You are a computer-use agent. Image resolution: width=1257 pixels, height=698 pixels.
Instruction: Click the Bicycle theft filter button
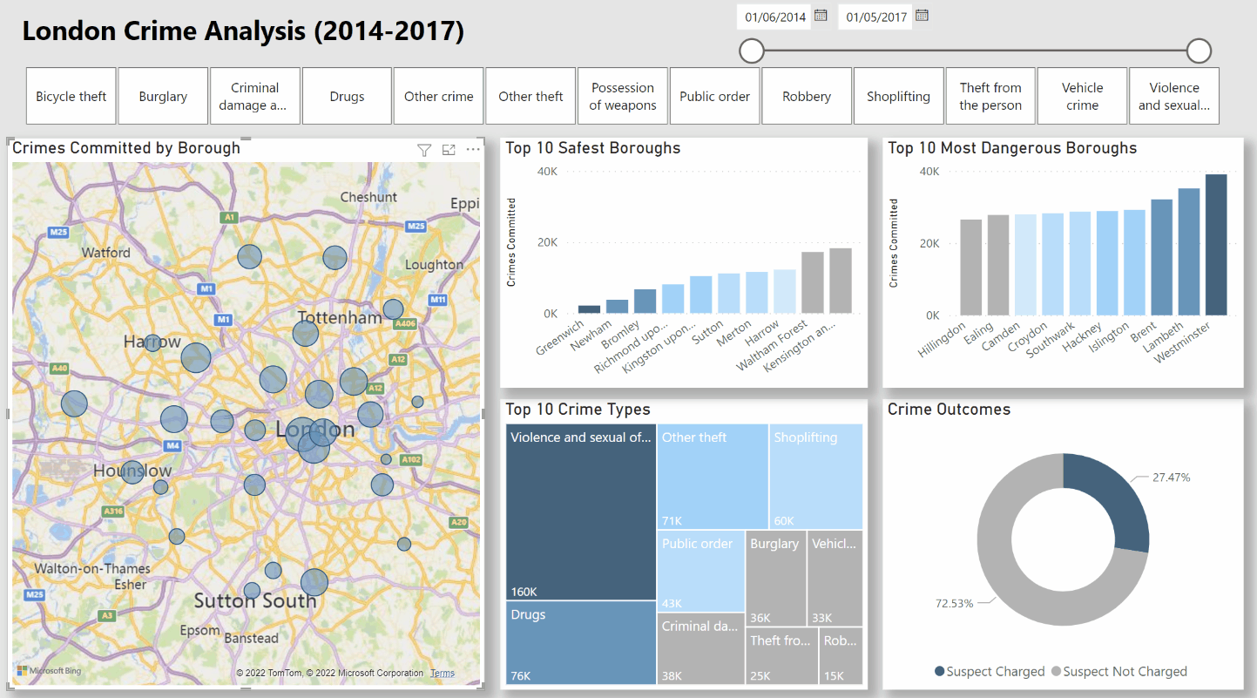71,97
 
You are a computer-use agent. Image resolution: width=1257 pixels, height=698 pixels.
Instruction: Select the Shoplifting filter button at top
898,97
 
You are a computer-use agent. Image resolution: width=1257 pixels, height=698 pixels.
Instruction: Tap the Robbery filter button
807,97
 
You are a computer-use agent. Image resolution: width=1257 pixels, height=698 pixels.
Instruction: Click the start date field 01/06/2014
774,17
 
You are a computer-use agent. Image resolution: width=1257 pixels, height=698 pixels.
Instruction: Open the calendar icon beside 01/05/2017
922,16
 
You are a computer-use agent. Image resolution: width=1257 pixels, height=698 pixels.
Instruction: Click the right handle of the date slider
1199,51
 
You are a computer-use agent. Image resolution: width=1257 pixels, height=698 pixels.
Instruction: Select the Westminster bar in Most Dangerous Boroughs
1216,245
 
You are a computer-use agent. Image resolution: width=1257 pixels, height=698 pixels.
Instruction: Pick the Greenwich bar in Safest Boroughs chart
590,308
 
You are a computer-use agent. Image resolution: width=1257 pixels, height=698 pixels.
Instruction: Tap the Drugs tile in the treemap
581,642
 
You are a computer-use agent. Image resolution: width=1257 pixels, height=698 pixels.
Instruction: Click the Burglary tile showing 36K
776,577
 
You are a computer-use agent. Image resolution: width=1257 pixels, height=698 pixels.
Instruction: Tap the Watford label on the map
106,253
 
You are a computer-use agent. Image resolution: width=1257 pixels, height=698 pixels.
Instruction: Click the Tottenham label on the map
340,318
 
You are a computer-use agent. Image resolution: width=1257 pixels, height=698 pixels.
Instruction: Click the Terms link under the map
443,674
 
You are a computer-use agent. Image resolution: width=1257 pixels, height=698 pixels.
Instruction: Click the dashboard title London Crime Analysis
243,31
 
